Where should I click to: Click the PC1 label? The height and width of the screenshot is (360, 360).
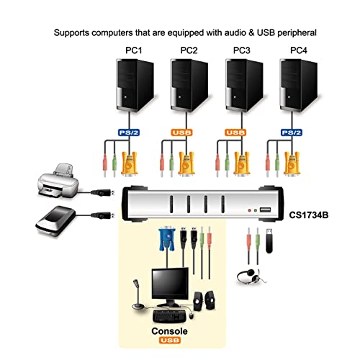click(x=134, y=50)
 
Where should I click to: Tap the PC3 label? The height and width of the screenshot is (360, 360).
click(x=242, y=50)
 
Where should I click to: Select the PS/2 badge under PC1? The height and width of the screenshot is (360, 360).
click(x=129, y=132)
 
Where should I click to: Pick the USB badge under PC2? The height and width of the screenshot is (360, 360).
click(x=182, y=132)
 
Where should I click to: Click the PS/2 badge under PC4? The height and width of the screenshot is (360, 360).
click(x=292, y=132)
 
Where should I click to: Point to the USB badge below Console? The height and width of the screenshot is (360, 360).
click(x=169, y=340)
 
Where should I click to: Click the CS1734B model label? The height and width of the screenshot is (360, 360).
click(x=309, y=215)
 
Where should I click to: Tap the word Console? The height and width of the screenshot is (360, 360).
click(x=169, y=331)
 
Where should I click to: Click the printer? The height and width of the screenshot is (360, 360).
click(x=58, y=181)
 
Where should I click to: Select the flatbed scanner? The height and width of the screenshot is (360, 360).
click(x=55, y=220)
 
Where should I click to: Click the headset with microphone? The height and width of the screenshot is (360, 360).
click(x=251, y=276)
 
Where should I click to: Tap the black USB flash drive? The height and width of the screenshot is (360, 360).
click(x=269, y=241)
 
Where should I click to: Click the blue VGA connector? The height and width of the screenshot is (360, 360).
click(x=167, y=240)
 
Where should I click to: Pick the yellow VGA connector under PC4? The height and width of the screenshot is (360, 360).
click(x=292, y=163)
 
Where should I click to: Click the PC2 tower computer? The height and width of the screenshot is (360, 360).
click(x=189, y=85)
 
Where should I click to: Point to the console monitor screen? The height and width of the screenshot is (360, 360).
click(x=170, y=284)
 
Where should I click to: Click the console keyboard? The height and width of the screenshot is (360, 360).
click(x=169, y=316)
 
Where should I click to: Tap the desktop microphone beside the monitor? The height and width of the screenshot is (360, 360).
click(x=138, y=294)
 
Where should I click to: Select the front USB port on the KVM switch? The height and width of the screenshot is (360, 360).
click(x=265, y=210)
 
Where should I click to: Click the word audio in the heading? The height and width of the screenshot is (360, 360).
click(x=235, y=32)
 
